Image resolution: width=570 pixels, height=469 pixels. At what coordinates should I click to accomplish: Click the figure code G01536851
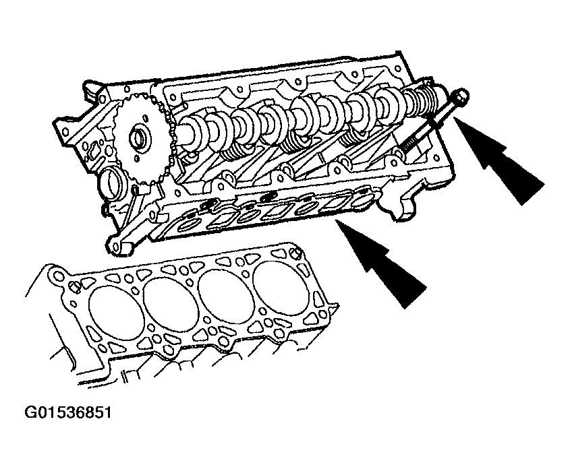(x=68, y=413)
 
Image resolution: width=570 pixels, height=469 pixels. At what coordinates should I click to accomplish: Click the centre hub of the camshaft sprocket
(x=138, y=138)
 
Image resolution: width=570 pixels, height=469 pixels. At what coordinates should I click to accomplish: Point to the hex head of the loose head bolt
(x=461, y=95)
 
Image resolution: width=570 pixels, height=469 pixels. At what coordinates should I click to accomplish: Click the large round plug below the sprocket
(x=111, y=184)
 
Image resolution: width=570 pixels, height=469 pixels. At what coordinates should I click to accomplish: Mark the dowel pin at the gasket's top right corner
(x=297, y=252)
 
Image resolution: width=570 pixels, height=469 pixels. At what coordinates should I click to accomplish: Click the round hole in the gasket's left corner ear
(x=59, y=277)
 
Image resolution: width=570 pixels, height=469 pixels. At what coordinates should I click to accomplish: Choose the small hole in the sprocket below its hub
(x=136, y=158)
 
